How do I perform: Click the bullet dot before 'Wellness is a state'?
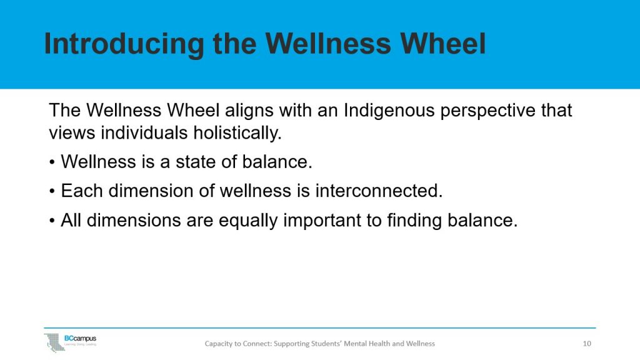(x=52, y=162)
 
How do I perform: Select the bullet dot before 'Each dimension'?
(x=52, y=192)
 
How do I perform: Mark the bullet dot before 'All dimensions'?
(x=52, y=221)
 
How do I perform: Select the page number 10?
(x=586, y=344)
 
